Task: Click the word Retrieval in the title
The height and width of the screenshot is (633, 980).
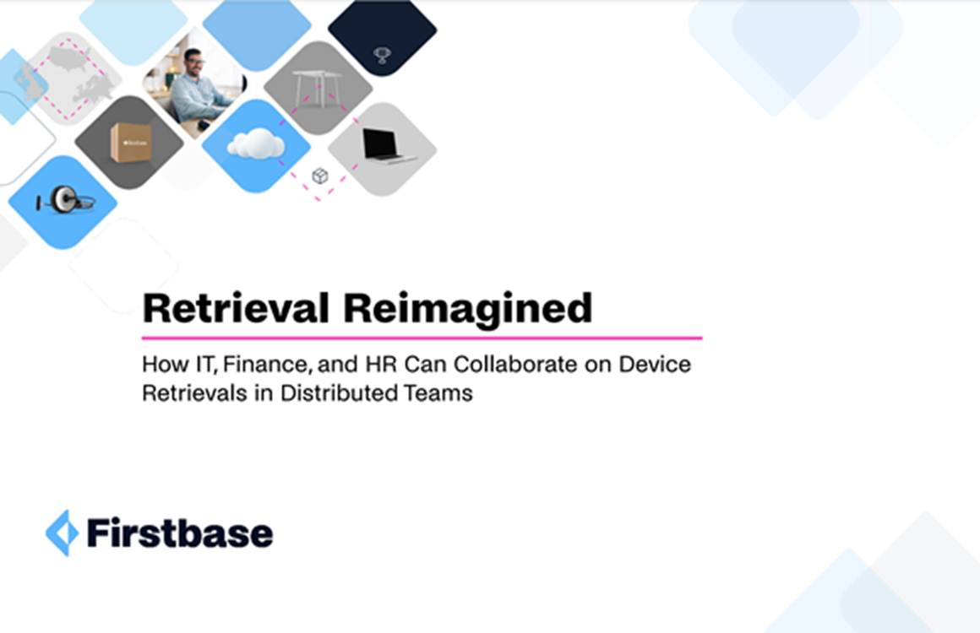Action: tap(236, 308)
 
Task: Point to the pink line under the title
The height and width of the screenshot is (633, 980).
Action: tap(422, 338)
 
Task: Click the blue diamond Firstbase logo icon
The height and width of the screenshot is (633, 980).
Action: tap(62, 533)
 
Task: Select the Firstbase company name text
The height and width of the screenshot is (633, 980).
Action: tap(179, 533)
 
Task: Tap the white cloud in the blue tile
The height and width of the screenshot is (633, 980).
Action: tap(256, 144)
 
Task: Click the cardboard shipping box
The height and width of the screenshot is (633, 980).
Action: tap(130, 143)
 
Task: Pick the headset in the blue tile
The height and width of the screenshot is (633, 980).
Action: tap(65, 200)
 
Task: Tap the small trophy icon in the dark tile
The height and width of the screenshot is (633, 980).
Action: tap(382, 55)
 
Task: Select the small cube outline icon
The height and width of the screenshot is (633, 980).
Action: tap(320, 176)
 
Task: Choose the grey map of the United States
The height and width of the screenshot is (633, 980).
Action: tap(70, 57)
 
